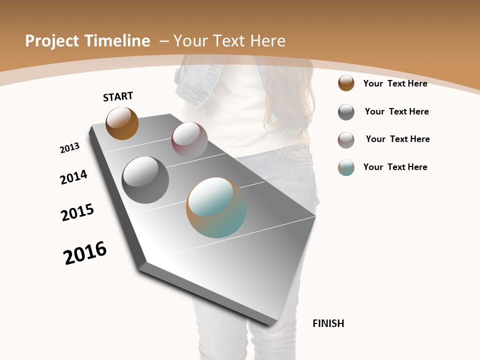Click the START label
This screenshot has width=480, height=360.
point(118,96)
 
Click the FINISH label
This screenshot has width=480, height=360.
point(328,323)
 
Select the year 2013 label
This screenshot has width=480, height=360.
point(69,148)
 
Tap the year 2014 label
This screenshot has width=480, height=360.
point(73,177)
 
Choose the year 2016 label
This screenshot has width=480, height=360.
point(85,253)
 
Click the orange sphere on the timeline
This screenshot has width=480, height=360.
point(122,123)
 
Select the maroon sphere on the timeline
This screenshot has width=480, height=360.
point(189,140)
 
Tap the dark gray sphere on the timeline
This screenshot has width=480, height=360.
point(145,180)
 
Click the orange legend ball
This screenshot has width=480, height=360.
point(346,83)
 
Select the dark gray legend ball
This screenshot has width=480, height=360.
point(346,112)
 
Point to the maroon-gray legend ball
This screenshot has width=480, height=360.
point(346,140)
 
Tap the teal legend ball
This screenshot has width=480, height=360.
point(346,167)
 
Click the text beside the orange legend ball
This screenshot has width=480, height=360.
point(395,83)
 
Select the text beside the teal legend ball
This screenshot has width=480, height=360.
point(395,167)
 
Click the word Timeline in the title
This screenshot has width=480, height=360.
point(118,41)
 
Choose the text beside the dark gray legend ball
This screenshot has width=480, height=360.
point(396,111)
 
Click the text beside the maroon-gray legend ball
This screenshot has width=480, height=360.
point(397,139)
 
